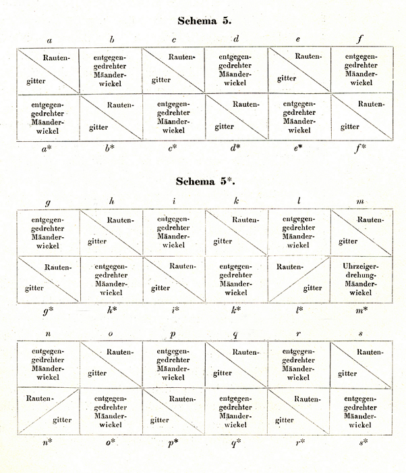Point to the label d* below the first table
click(x=237, y=147)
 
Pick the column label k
click(x=237, y=201)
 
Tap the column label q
click(x=237, y=334)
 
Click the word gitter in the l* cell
click(x=312, y=289)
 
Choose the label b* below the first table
click(x=111, y=147)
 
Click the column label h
click(x=111, y=201)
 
